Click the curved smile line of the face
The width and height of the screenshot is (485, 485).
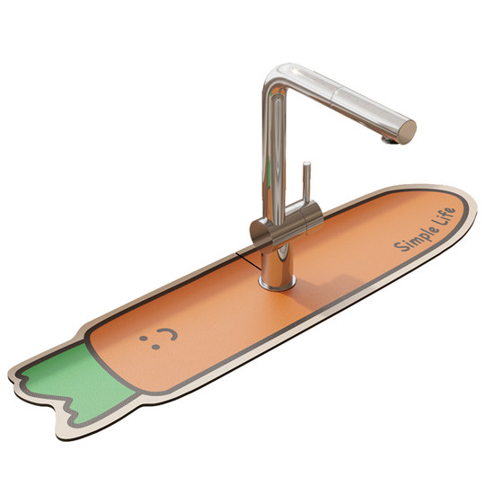(169, 333)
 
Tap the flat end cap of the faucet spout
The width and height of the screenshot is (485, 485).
(407, 132)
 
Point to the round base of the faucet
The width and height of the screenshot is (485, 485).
(277, 284)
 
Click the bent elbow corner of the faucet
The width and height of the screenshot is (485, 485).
(278, 75)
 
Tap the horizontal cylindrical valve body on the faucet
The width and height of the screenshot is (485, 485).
(287, 224)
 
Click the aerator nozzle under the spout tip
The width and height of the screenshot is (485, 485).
(389, 140)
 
